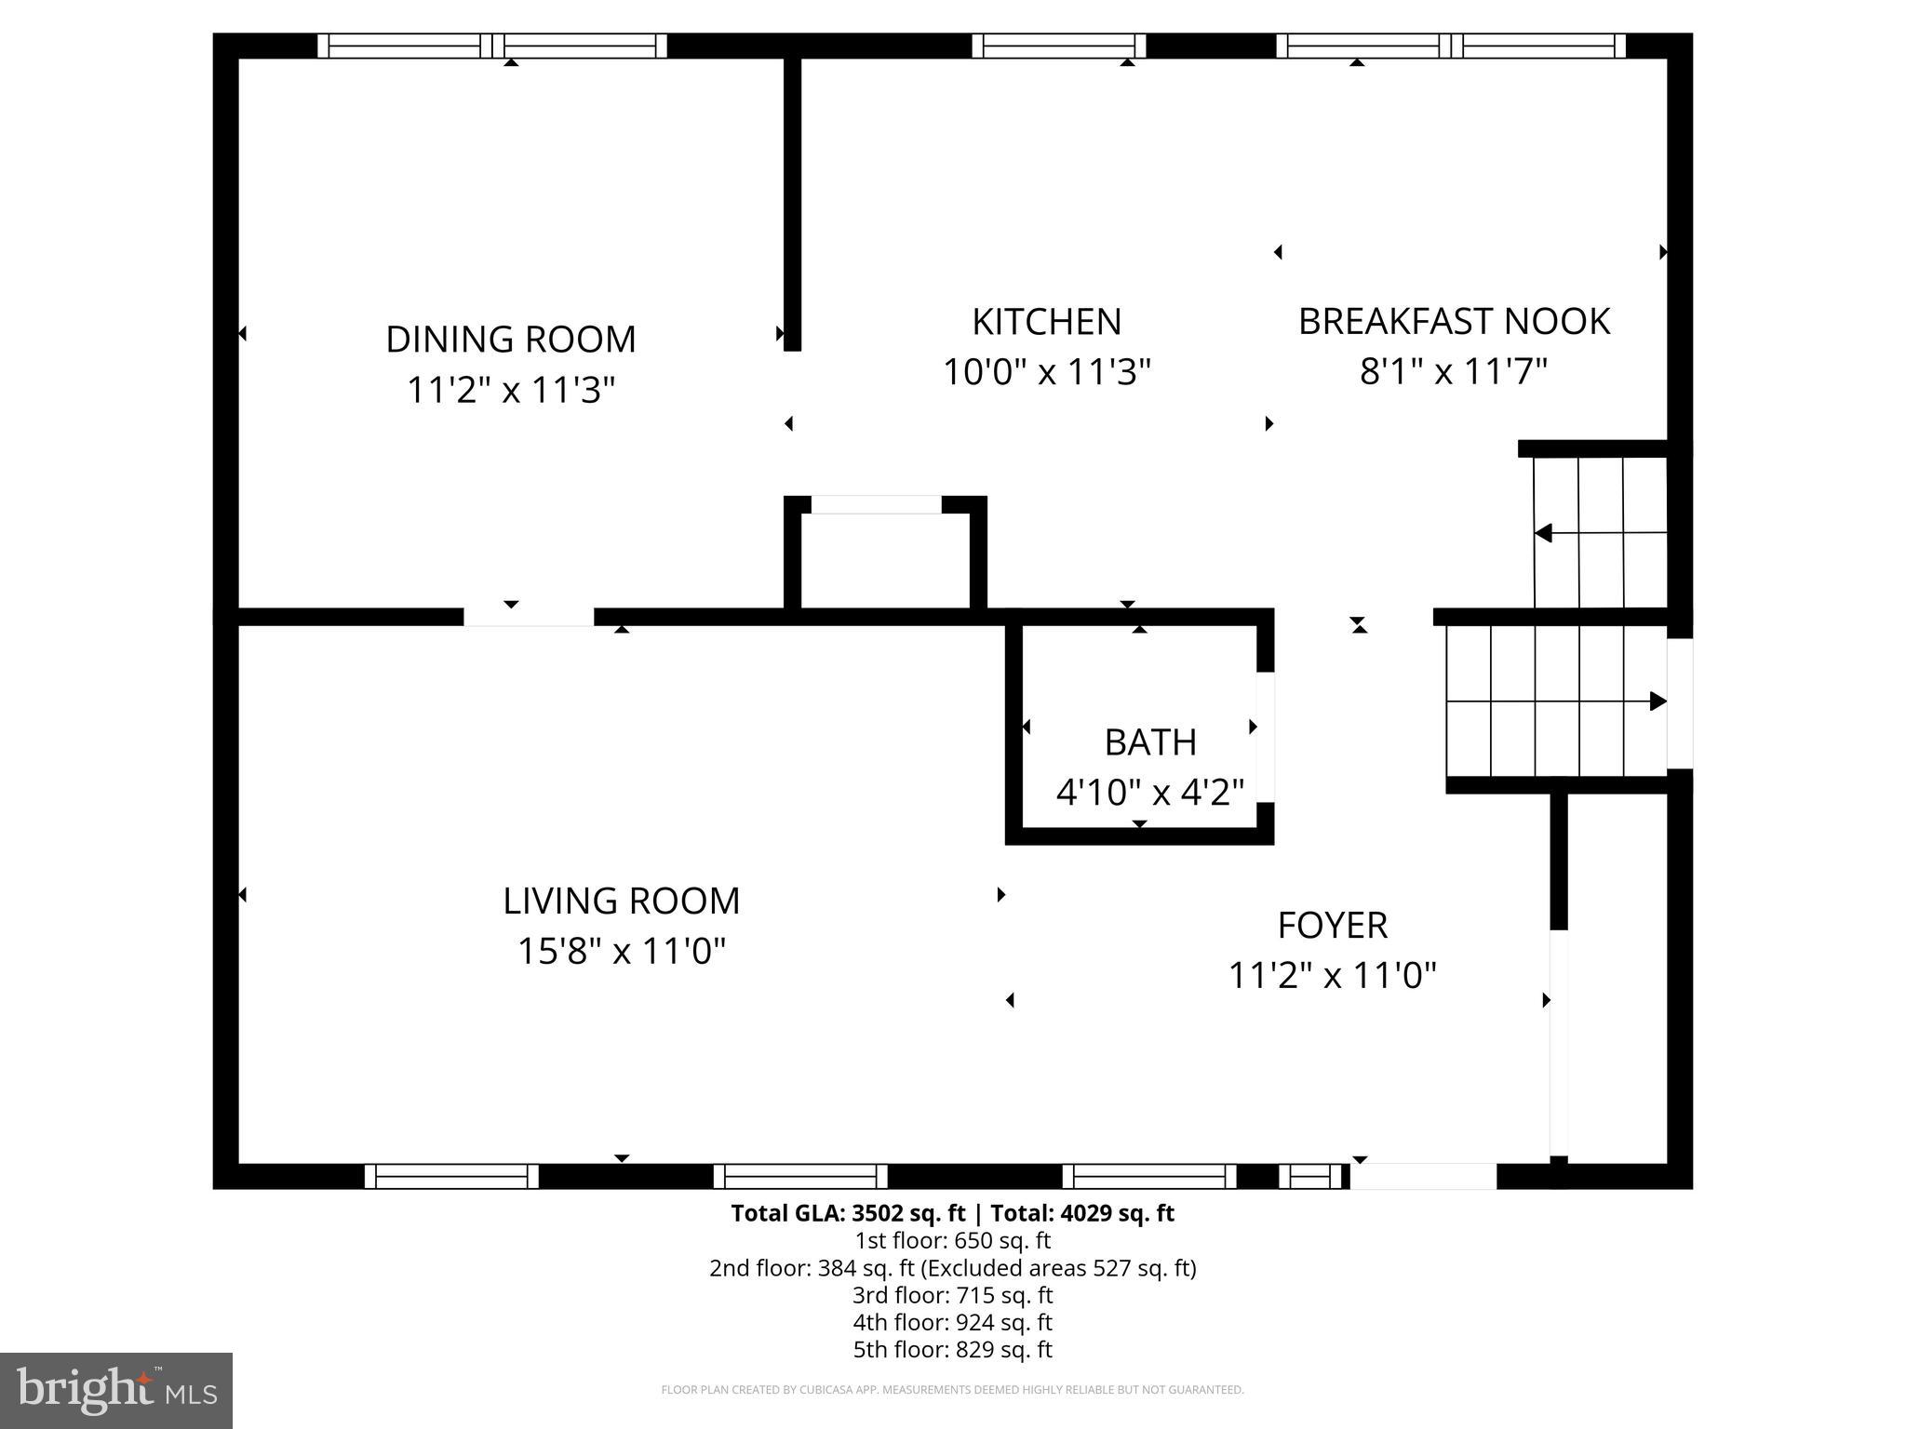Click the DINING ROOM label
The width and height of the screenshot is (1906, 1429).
[510, 340]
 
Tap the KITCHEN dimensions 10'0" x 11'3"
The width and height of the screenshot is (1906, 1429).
[1047, 372]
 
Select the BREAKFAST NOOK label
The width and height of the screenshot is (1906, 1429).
[1454, 322]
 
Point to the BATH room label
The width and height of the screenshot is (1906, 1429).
[1150, 742]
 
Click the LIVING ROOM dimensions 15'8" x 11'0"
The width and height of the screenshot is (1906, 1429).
[621, 952]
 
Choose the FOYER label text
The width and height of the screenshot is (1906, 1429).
[1332, 926]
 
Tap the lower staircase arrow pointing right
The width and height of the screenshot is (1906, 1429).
[1657, 701]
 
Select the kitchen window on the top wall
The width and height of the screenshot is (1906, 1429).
[1058, 46]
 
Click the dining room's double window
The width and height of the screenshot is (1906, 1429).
[492, 46]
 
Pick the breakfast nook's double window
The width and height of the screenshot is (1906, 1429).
[1451, 46]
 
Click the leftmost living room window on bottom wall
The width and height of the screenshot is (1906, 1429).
[451, 1177]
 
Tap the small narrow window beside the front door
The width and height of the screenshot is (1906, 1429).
[1309, 1177]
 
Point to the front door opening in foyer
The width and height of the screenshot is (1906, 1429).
[1423, 1177]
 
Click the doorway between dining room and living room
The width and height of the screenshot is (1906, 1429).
[529, 617]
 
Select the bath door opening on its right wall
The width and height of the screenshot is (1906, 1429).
[1265, 737]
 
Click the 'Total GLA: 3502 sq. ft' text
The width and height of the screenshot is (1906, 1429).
[849, 1213]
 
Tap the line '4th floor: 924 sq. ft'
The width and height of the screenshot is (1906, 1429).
[952, 1322]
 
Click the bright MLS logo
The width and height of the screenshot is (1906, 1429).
[116, 1391]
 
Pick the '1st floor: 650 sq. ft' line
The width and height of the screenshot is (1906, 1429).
[952, 1240]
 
